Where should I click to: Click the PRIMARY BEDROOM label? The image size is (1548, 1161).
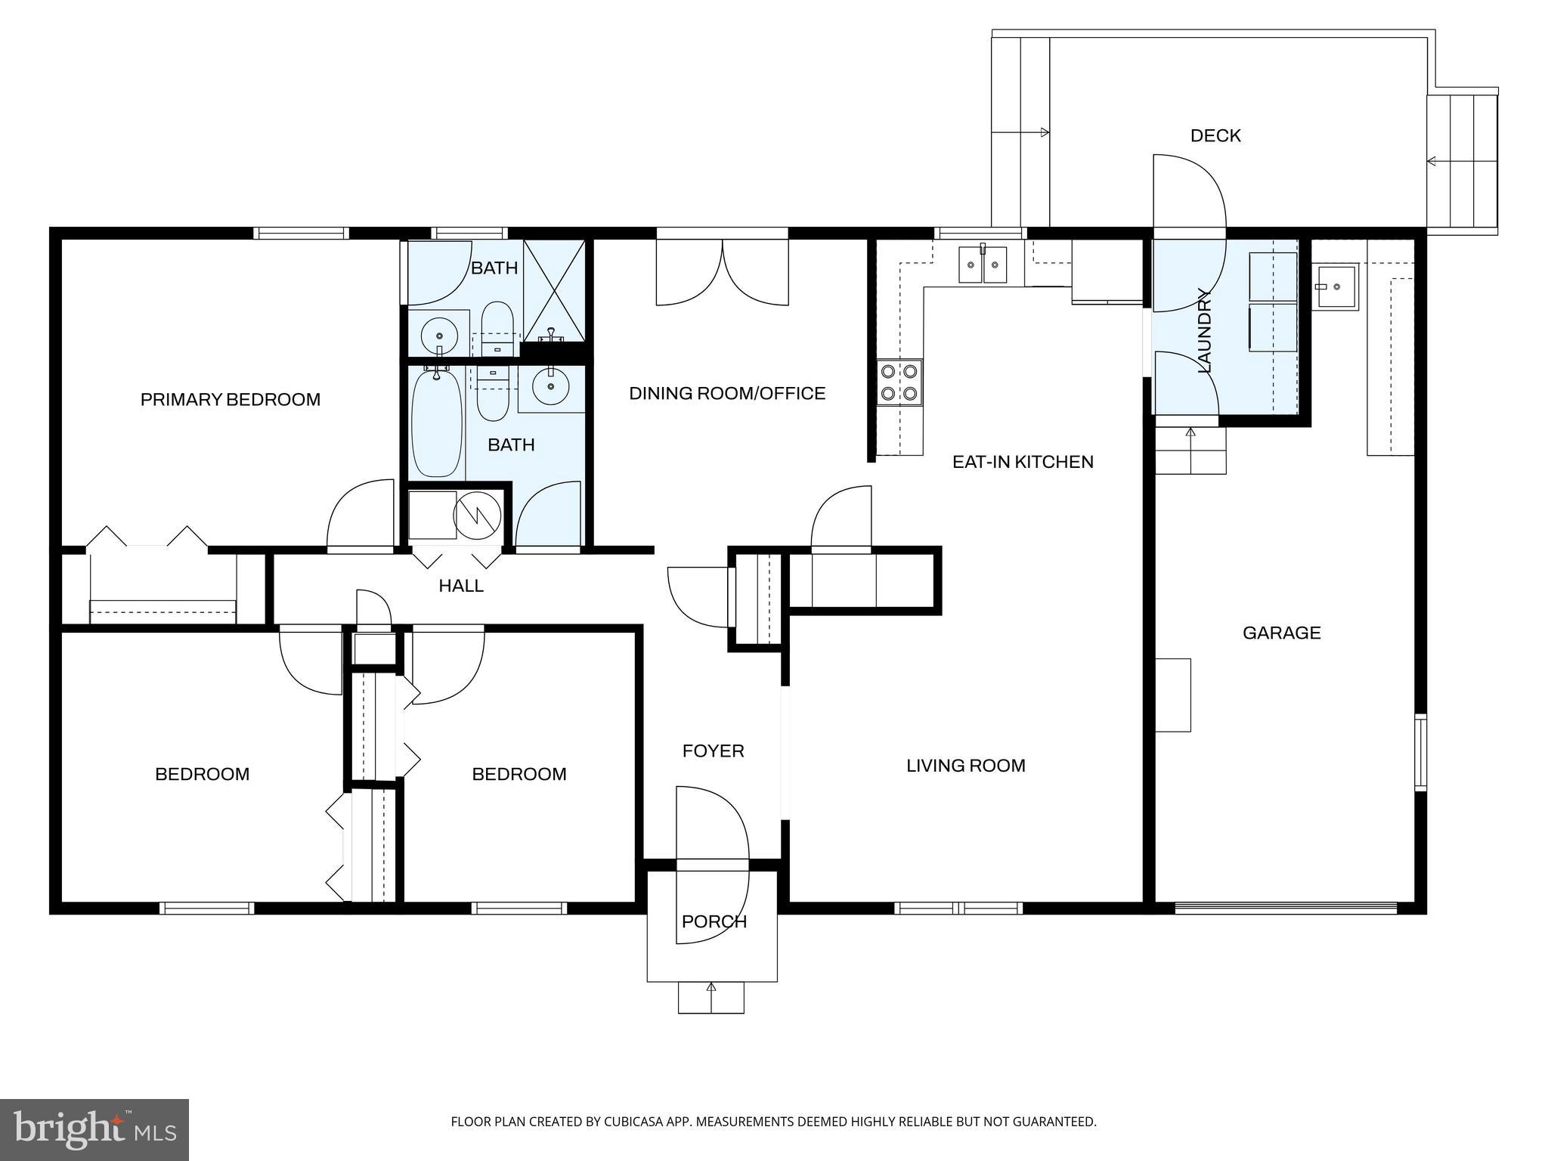(x=230, y=399)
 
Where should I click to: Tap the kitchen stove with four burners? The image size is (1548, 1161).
(x=899, y=382)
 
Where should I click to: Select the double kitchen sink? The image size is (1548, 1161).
(x=982, y=265)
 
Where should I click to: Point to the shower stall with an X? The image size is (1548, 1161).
(x=554, y=290)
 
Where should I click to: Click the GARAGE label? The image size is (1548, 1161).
(x=1281, y=633)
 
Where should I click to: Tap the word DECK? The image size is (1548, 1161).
(x=1215, y=136)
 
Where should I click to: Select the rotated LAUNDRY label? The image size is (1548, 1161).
(x=1204, y=330)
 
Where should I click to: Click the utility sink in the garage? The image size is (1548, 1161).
(x=1336, y=286)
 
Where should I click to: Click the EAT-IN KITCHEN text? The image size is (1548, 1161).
(x=1022, y=462)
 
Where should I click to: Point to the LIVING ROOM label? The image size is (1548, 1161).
(x=965, y=766)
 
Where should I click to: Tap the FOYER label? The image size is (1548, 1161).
(x=713, y=751)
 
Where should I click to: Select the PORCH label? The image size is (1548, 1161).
(x=714, y=921)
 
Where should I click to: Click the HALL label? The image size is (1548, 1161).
(x=460, y=586)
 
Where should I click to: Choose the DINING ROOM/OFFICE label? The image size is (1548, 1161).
(x=726, y=393)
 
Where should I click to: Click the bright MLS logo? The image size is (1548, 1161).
(x=94, y=1129)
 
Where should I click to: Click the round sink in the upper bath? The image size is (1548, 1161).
(x=438, y=333)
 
